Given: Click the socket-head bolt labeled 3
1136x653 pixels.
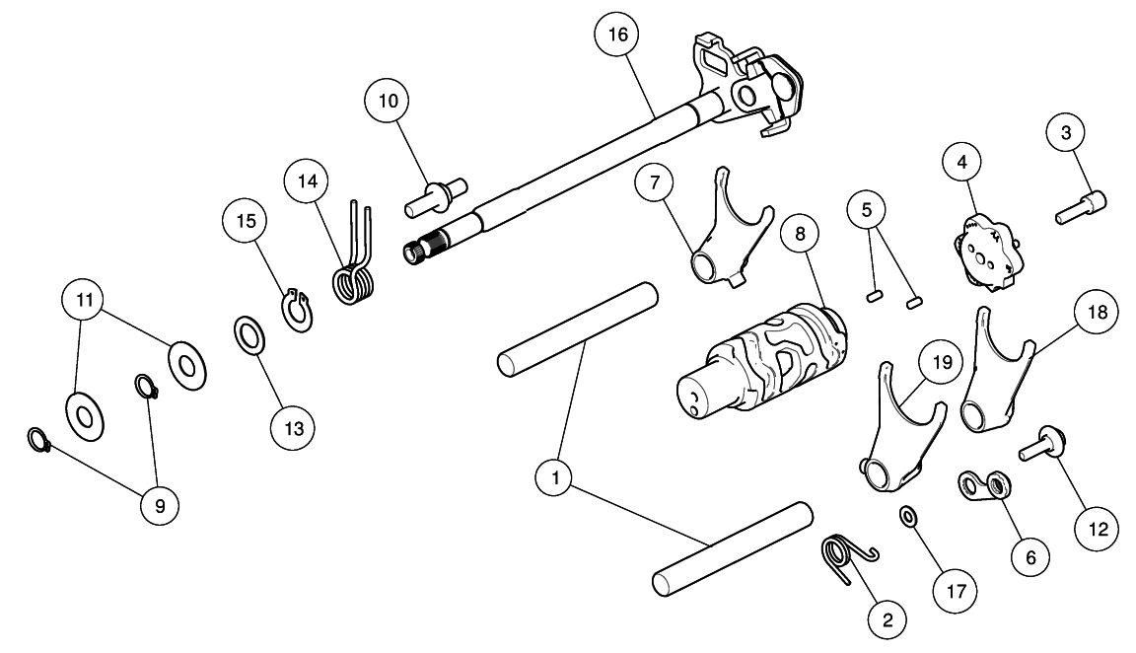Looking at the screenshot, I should click(1080, 207).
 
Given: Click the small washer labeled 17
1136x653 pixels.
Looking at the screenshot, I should click(906, 516).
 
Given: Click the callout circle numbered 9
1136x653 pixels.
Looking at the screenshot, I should click(159, 505).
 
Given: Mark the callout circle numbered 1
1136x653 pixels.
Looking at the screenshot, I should click(555, 480).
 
